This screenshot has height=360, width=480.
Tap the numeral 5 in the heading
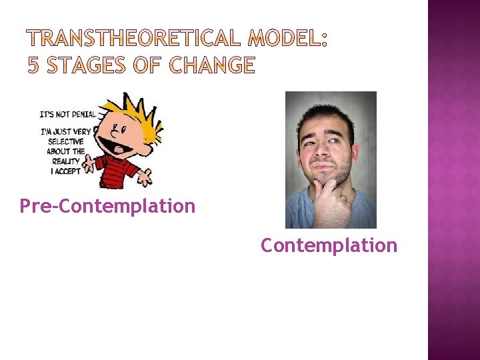[x=33, y=65]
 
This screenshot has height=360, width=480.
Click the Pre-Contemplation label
[x=107, y=206]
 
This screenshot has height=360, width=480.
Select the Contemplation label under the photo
[x=329, y=245]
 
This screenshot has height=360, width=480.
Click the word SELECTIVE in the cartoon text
[x=66, y=141]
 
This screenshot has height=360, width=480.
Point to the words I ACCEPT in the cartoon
[x=67, y=171]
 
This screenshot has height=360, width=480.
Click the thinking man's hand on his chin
[x=329, y=194]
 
